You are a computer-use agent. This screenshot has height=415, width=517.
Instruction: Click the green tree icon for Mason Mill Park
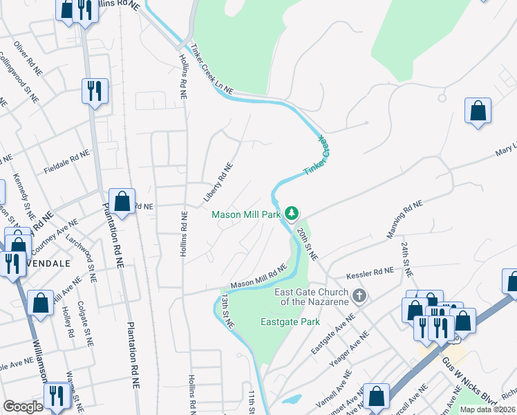[292, 212]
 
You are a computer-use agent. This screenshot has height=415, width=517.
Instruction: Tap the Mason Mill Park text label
[246, 214]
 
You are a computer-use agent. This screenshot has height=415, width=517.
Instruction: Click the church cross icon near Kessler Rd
[358, 297]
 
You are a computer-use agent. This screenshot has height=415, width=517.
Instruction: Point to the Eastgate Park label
[290, 322]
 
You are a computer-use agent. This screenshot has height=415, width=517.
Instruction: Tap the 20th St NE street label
[308, 244]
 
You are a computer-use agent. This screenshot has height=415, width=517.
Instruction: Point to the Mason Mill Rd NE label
[258, 277]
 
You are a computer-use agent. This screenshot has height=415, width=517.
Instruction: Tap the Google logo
[23, 407]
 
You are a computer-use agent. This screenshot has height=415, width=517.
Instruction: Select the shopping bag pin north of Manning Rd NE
[478, 111]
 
